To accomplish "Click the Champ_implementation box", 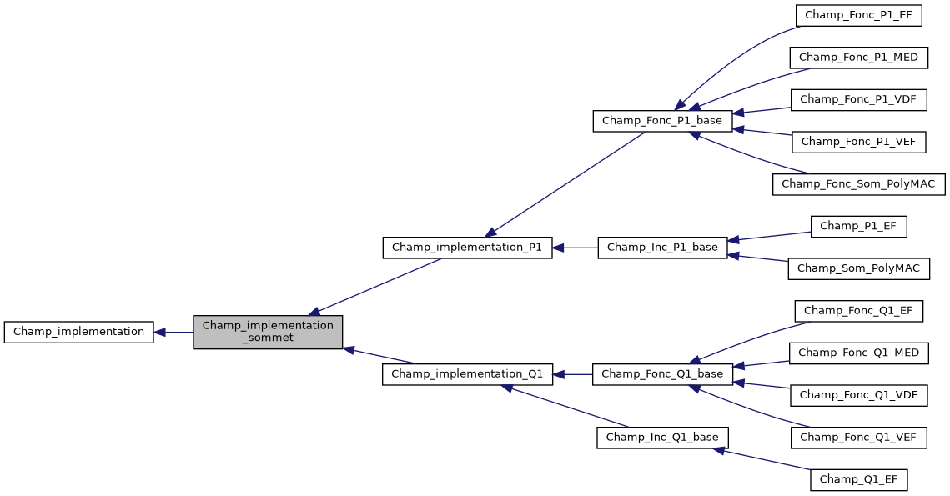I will click(78, 332).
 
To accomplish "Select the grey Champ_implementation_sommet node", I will click(268, 332).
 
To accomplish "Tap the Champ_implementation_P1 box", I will click(467, 248).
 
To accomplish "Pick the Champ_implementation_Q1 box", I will click(467, 374).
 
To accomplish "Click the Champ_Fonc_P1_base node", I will click(662, 121).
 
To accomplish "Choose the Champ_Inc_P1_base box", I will click(662, 248).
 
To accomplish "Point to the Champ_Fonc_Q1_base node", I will click(662, 374).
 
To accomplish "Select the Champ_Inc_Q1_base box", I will click(662, 438).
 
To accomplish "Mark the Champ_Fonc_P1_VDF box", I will click(858, 99).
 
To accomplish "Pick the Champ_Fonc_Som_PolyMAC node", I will click(858, 184).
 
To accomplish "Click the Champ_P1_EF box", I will click(858, 226).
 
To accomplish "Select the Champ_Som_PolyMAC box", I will click(858, 268).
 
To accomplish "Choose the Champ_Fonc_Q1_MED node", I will click(858, 353).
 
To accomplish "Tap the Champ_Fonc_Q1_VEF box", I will click(858, 438).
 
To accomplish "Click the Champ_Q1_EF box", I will click(858, 480).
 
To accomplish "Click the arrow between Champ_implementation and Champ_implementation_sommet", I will click(173, 332).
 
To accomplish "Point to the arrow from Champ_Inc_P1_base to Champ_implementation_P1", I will click(575, 248).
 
